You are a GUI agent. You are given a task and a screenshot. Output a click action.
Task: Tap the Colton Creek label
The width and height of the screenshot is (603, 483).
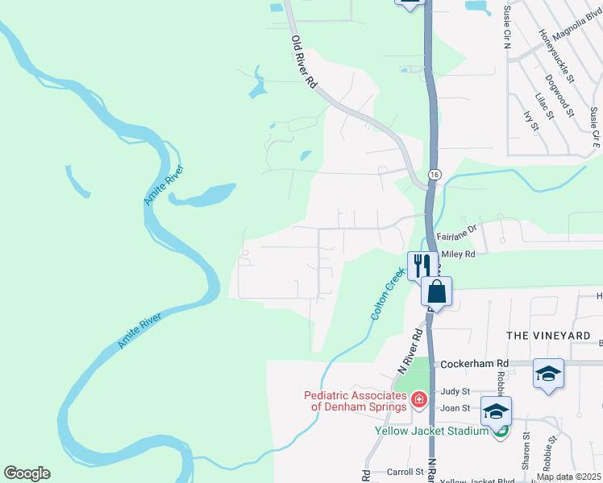[x=387, y=295]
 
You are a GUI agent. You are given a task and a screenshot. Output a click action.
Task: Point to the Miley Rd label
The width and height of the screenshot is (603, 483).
[x=457, y=254]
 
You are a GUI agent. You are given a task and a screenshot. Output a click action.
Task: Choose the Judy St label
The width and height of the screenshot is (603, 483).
[x=455, y=392]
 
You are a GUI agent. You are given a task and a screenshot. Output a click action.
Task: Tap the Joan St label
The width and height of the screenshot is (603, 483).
[x=455, y=408]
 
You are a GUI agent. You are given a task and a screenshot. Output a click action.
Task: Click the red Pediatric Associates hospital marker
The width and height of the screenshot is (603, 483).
[x=418, y=399]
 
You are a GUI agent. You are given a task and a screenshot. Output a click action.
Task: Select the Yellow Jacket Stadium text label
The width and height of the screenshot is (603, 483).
[x=432, y=430]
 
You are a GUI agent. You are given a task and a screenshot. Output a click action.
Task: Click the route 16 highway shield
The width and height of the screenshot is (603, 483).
[x=435, y=175]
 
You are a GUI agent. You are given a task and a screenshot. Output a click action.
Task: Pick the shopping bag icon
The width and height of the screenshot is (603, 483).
[x=437, y=290]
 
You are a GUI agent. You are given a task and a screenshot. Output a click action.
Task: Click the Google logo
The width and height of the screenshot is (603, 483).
[x=27, y=473]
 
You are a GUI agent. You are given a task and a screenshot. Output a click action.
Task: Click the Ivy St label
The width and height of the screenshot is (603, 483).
[x=530, y=122]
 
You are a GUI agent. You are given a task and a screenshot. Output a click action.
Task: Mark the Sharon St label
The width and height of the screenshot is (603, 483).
[x=526, y=452]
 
